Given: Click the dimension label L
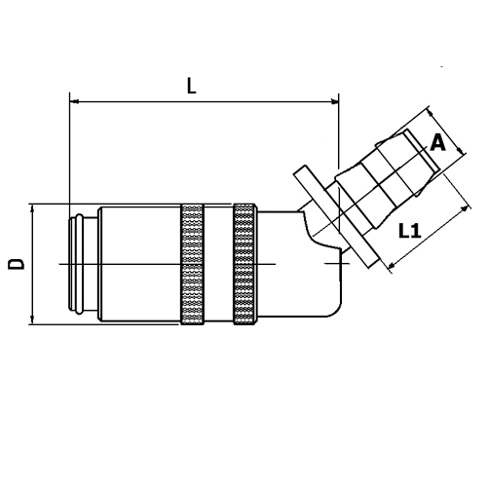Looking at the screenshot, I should point(192,86).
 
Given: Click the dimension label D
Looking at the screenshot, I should point(16,264).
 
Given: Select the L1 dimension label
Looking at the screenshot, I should point(410,231).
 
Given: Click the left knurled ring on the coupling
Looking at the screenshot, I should point(192,264).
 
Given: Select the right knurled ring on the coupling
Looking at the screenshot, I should point(245,264).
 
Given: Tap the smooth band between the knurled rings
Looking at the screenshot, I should point(218,264).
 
